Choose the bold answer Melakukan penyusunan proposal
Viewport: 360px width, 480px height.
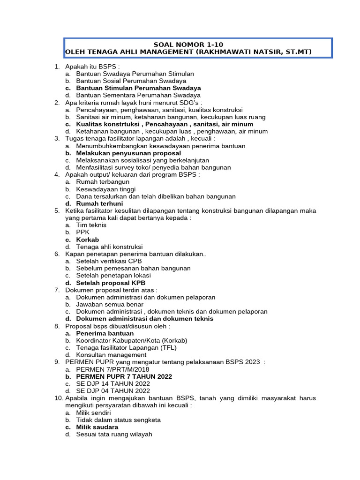(x=128, y=153)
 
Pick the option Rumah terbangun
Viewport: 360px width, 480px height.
(x=103, y=182)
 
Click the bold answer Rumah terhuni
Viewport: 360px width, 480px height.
(x=99, y=203)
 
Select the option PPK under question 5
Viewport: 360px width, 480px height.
(x=82, y=232)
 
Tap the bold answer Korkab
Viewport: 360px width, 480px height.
(x=88, y=240)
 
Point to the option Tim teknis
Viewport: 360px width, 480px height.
(x=91, y=225)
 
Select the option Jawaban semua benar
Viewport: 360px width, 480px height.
(x=109, y=304)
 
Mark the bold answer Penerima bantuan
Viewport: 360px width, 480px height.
(x=105, y=333)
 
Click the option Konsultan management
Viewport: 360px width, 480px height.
(x=111, y=355)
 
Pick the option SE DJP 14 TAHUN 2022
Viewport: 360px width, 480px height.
(x=113, y=383)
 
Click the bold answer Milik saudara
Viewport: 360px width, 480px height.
(x=97, y=427)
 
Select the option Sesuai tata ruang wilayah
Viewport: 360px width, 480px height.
(x=114, y=434)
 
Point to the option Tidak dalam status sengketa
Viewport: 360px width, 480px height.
(x=118, y=420)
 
